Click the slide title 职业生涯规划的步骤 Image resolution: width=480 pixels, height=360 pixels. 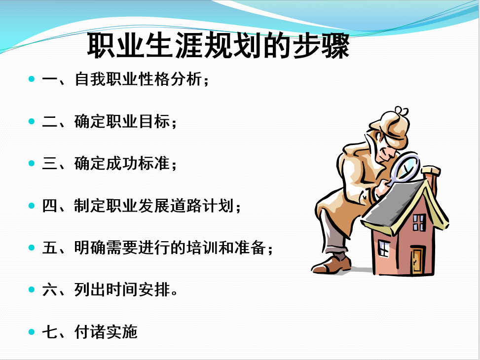(218, 45)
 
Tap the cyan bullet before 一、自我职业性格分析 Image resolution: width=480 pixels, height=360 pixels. (32, 79)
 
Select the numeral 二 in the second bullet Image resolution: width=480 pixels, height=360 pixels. (50, 121)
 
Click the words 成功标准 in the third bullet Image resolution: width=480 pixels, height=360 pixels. (138, 163)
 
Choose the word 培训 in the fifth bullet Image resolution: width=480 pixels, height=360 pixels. (202, 248)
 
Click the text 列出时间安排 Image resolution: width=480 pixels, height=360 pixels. (122, 289)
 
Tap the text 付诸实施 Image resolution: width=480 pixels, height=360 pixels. (106, 332)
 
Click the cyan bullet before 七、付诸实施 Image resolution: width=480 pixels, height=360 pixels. (32, 332)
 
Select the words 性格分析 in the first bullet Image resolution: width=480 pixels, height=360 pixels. (170, 79)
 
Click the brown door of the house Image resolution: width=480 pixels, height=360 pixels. (417, 260)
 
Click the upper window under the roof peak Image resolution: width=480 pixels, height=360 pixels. (419, 222)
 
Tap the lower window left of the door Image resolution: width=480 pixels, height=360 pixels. (384, 248)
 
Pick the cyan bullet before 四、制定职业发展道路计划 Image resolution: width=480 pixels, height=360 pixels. (32, 206)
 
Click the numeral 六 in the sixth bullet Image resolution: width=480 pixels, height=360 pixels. (50, 290)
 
